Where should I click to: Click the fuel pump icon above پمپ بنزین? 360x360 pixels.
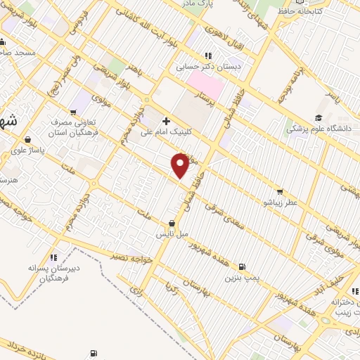click(x=243, y=267)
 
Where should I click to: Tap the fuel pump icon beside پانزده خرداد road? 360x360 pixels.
click(x=92, y=353)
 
